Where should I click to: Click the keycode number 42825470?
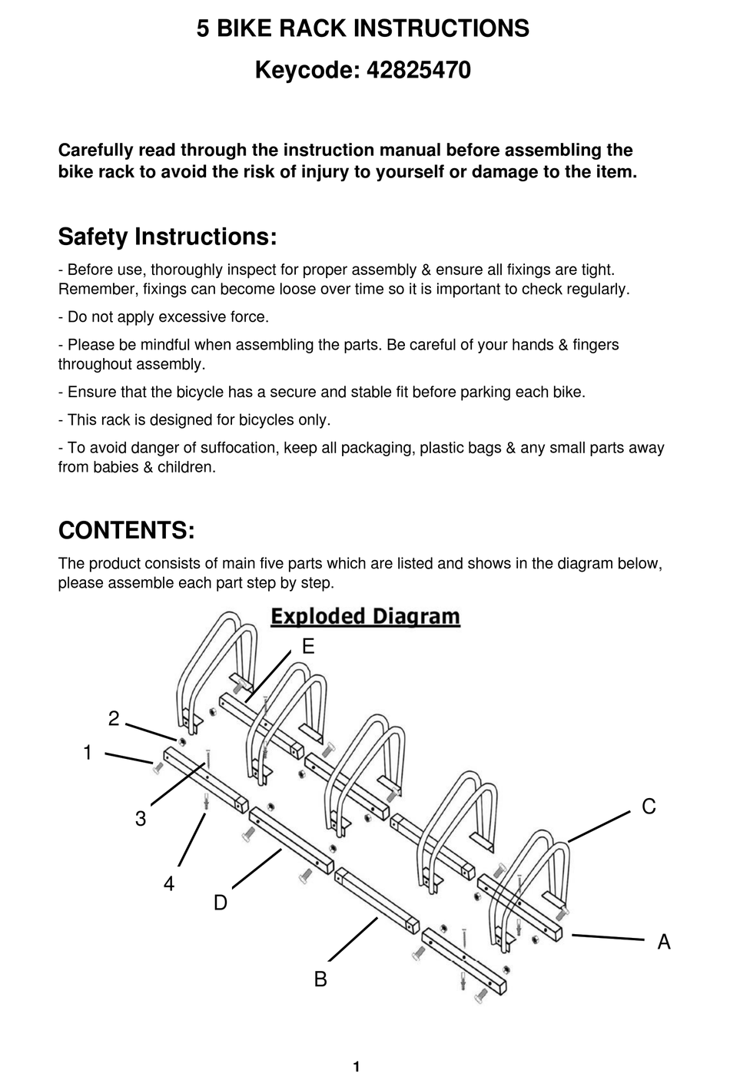click(x=419, y=71)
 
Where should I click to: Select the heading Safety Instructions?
click(x=167, y=236)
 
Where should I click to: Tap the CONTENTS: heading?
click(x=126, y=530)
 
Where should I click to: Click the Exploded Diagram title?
click(x=365, y=616)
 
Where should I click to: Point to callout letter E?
click(x=308, y=647)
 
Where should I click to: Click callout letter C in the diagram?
click(x=649, y=807)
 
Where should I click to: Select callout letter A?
click(x=664, y=941)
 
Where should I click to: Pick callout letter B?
click(x=320, y=979)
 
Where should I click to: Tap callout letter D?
click(x=221, y=903)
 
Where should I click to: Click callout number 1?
click(x=88, y=753)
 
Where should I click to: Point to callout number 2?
click(x=114, y=718)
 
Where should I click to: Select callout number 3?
click(x=141, y=819)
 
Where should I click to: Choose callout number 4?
click(x=169, y=884)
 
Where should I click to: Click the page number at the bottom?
click(x=357, y=1066)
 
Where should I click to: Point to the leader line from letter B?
click(x=353, y=939)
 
